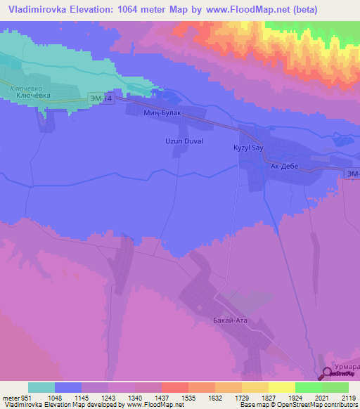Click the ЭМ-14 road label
[101, 99]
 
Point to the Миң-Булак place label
[162, 113]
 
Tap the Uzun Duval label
[184, 141]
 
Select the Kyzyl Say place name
[248, 148]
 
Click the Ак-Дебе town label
[284, 167]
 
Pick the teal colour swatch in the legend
[41, 387]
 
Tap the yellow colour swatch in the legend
[281, 387]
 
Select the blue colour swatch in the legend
[68, 387]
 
